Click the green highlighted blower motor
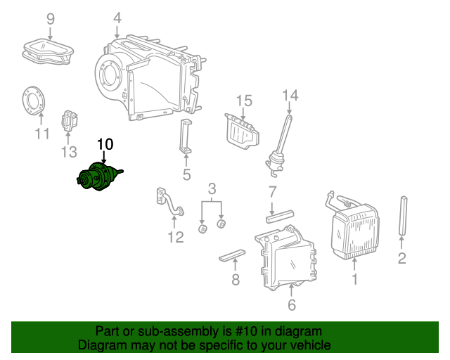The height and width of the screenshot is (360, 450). click(98, 176)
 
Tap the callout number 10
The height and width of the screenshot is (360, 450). click(105, 144)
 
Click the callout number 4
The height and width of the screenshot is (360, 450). click(117, 18)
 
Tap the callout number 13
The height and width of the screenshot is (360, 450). click(68, 151)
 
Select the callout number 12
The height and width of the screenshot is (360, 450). click(175, 237)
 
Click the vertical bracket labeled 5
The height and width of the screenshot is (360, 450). click(186, 137)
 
